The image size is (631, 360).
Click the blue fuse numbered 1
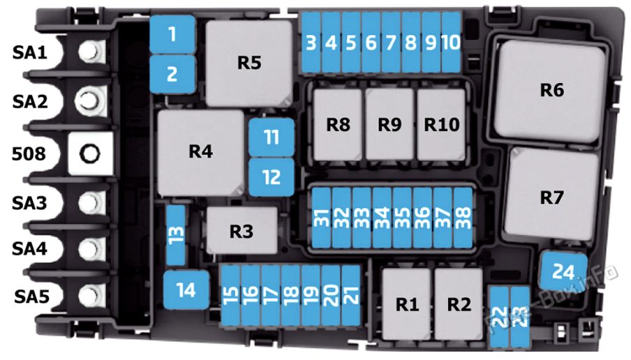172,35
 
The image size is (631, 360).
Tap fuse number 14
186,290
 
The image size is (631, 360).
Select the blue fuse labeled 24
563,271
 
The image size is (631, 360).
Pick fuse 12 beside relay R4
272,177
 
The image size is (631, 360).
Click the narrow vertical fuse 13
176,235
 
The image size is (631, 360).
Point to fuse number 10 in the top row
451,43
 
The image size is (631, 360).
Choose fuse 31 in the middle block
322,218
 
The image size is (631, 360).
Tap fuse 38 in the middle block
463,218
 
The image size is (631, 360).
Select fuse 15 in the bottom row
230,295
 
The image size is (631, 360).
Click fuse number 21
351,295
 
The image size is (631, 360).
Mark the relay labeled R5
249,63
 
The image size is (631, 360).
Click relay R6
550,91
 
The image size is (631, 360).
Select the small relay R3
242,231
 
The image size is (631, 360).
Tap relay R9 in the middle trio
389,125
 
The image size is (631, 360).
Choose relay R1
406,304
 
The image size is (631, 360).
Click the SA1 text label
30,52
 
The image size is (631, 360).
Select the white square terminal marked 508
90,153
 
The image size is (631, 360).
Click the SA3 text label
29,203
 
